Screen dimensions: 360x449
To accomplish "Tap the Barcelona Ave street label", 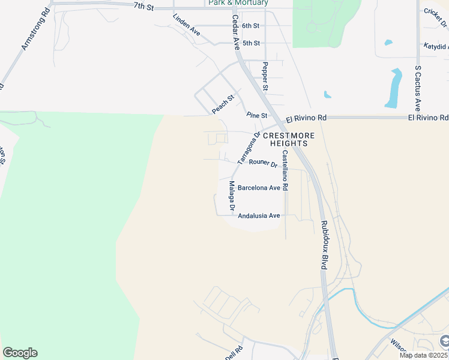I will (259, 188).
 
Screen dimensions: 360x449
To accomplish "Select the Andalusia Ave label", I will (259, 215).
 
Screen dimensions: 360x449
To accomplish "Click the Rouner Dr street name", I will (263, 163).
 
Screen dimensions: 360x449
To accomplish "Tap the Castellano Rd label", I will (285, 170).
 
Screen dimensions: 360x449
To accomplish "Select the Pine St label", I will (256, 115).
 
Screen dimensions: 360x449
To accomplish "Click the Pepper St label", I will (265, 76).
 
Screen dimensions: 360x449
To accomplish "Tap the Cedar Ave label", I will (235, 32).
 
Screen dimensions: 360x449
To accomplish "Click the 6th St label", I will (250, 26).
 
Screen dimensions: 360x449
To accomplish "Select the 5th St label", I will (251, 43).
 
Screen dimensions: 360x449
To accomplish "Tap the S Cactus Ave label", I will (417, 84).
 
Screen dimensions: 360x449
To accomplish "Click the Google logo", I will (20, 353).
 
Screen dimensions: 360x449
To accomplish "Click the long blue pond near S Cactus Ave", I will (394, 88).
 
